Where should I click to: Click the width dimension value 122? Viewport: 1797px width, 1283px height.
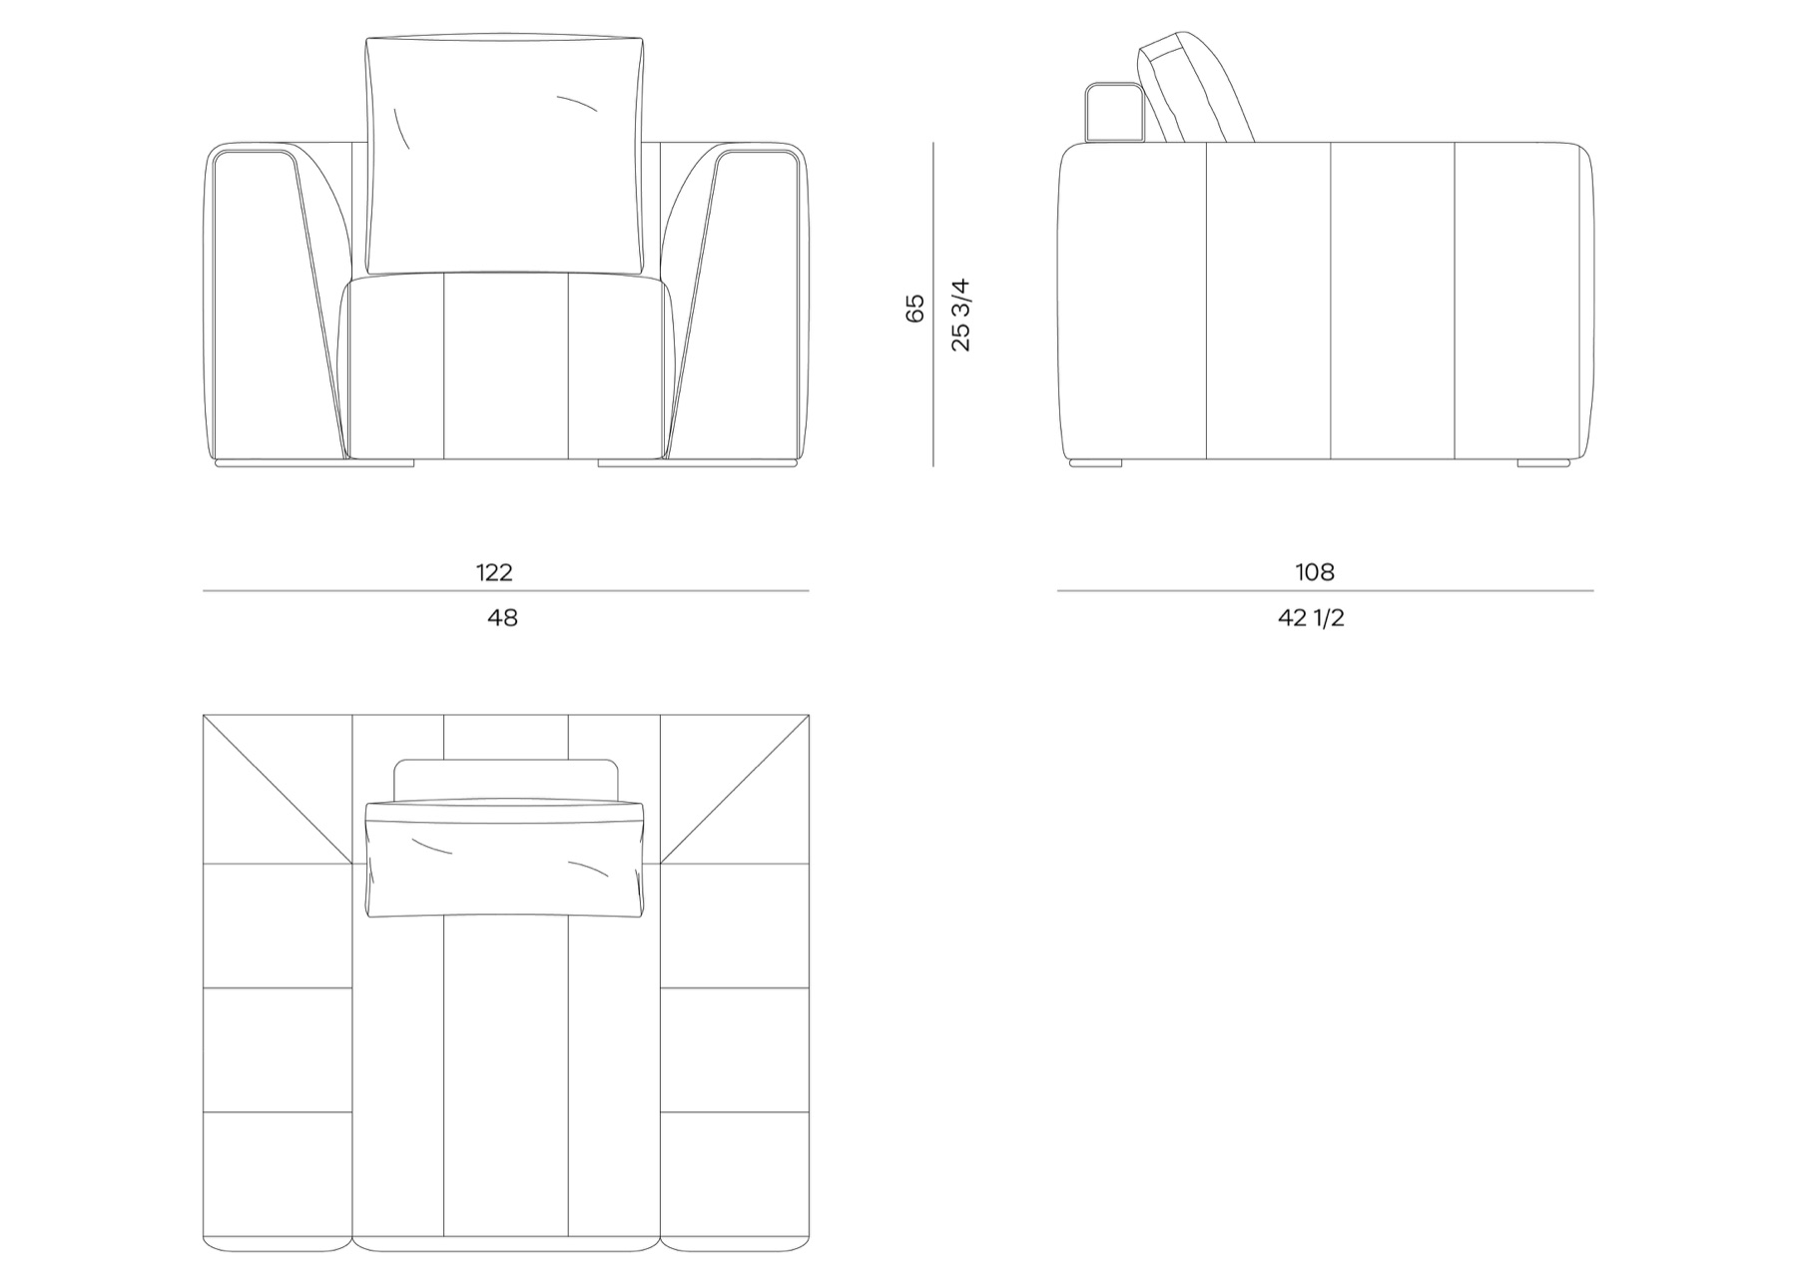tap(494, 572)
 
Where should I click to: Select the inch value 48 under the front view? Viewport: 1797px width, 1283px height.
tap(502, 618)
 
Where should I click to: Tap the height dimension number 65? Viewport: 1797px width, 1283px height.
tap(914, 308)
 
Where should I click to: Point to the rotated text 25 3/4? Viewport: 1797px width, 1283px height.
tap(960, 315)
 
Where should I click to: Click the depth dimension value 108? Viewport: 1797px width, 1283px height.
tap(1315, 572)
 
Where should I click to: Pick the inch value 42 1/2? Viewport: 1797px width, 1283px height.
tap(1311, 618)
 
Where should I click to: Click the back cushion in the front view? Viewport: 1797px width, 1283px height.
tap(504, 155)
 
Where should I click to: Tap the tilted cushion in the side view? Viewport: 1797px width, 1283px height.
tap(1196, 88)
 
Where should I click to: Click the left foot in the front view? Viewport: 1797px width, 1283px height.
tap(314, 463)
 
